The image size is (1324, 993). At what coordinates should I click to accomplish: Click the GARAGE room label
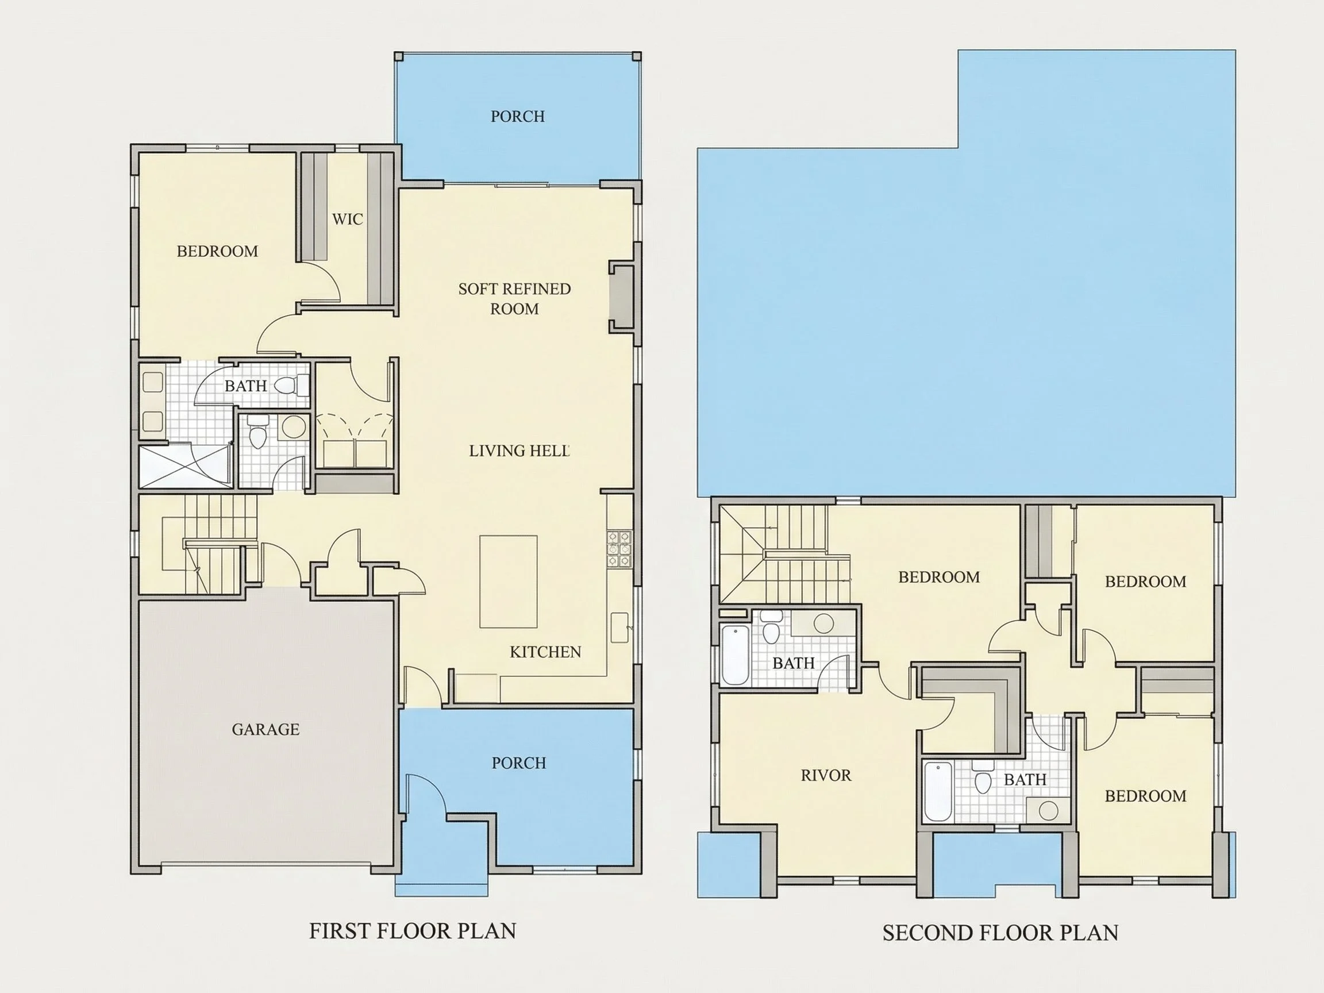click(x=265, y=729)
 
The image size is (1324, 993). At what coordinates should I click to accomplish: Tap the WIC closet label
click(x=348, y=219)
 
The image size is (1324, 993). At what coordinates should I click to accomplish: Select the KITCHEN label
click(x=545, y=652)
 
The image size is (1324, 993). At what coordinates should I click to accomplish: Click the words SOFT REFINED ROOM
click(x=515, y=299)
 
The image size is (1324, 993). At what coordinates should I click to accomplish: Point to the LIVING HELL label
click(x=519, y=451)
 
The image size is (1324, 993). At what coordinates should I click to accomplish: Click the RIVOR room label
click(x=826, y=775)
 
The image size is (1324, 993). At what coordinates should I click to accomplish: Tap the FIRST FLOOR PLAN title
click(x=413, y=931)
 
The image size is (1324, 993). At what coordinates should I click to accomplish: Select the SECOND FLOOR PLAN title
click(x=1000, y=933)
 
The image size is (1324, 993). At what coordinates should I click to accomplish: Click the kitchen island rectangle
click(x=508, y=581)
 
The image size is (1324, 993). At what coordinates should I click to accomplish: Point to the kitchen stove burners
click(x=619, y=548)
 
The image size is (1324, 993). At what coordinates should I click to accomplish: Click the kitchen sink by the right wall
click(x=619, y=628)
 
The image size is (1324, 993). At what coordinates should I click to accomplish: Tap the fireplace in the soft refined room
click(x=621, y=296)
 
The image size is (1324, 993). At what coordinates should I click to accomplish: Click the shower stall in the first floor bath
click(x=185, y=465)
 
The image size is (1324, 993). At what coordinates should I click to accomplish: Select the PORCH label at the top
click(x=518, y=116)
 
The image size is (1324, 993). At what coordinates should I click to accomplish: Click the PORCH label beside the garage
click(x=519, y=763)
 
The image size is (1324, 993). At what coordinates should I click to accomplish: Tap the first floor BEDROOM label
click(x=217, y=251)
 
